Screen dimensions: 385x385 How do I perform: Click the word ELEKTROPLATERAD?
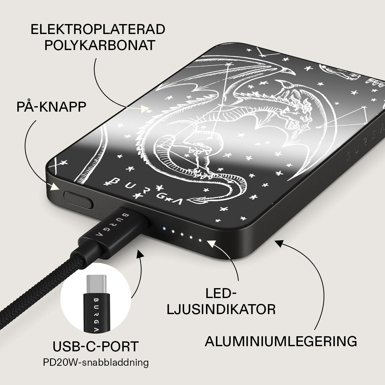tap(98, 29)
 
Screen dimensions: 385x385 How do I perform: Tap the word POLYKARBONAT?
tap(100, 45)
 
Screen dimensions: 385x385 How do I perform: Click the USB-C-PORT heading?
tap(96, 346)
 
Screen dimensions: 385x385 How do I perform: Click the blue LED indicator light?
tap(164, 228)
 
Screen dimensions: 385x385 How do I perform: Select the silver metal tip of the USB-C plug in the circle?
tap(96, 284)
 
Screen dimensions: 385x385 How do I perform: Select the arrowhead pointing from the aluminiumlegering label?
tap(279, 243)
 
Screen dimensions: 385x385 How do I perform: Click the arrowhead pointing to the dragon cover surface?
tap(145, 109)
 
